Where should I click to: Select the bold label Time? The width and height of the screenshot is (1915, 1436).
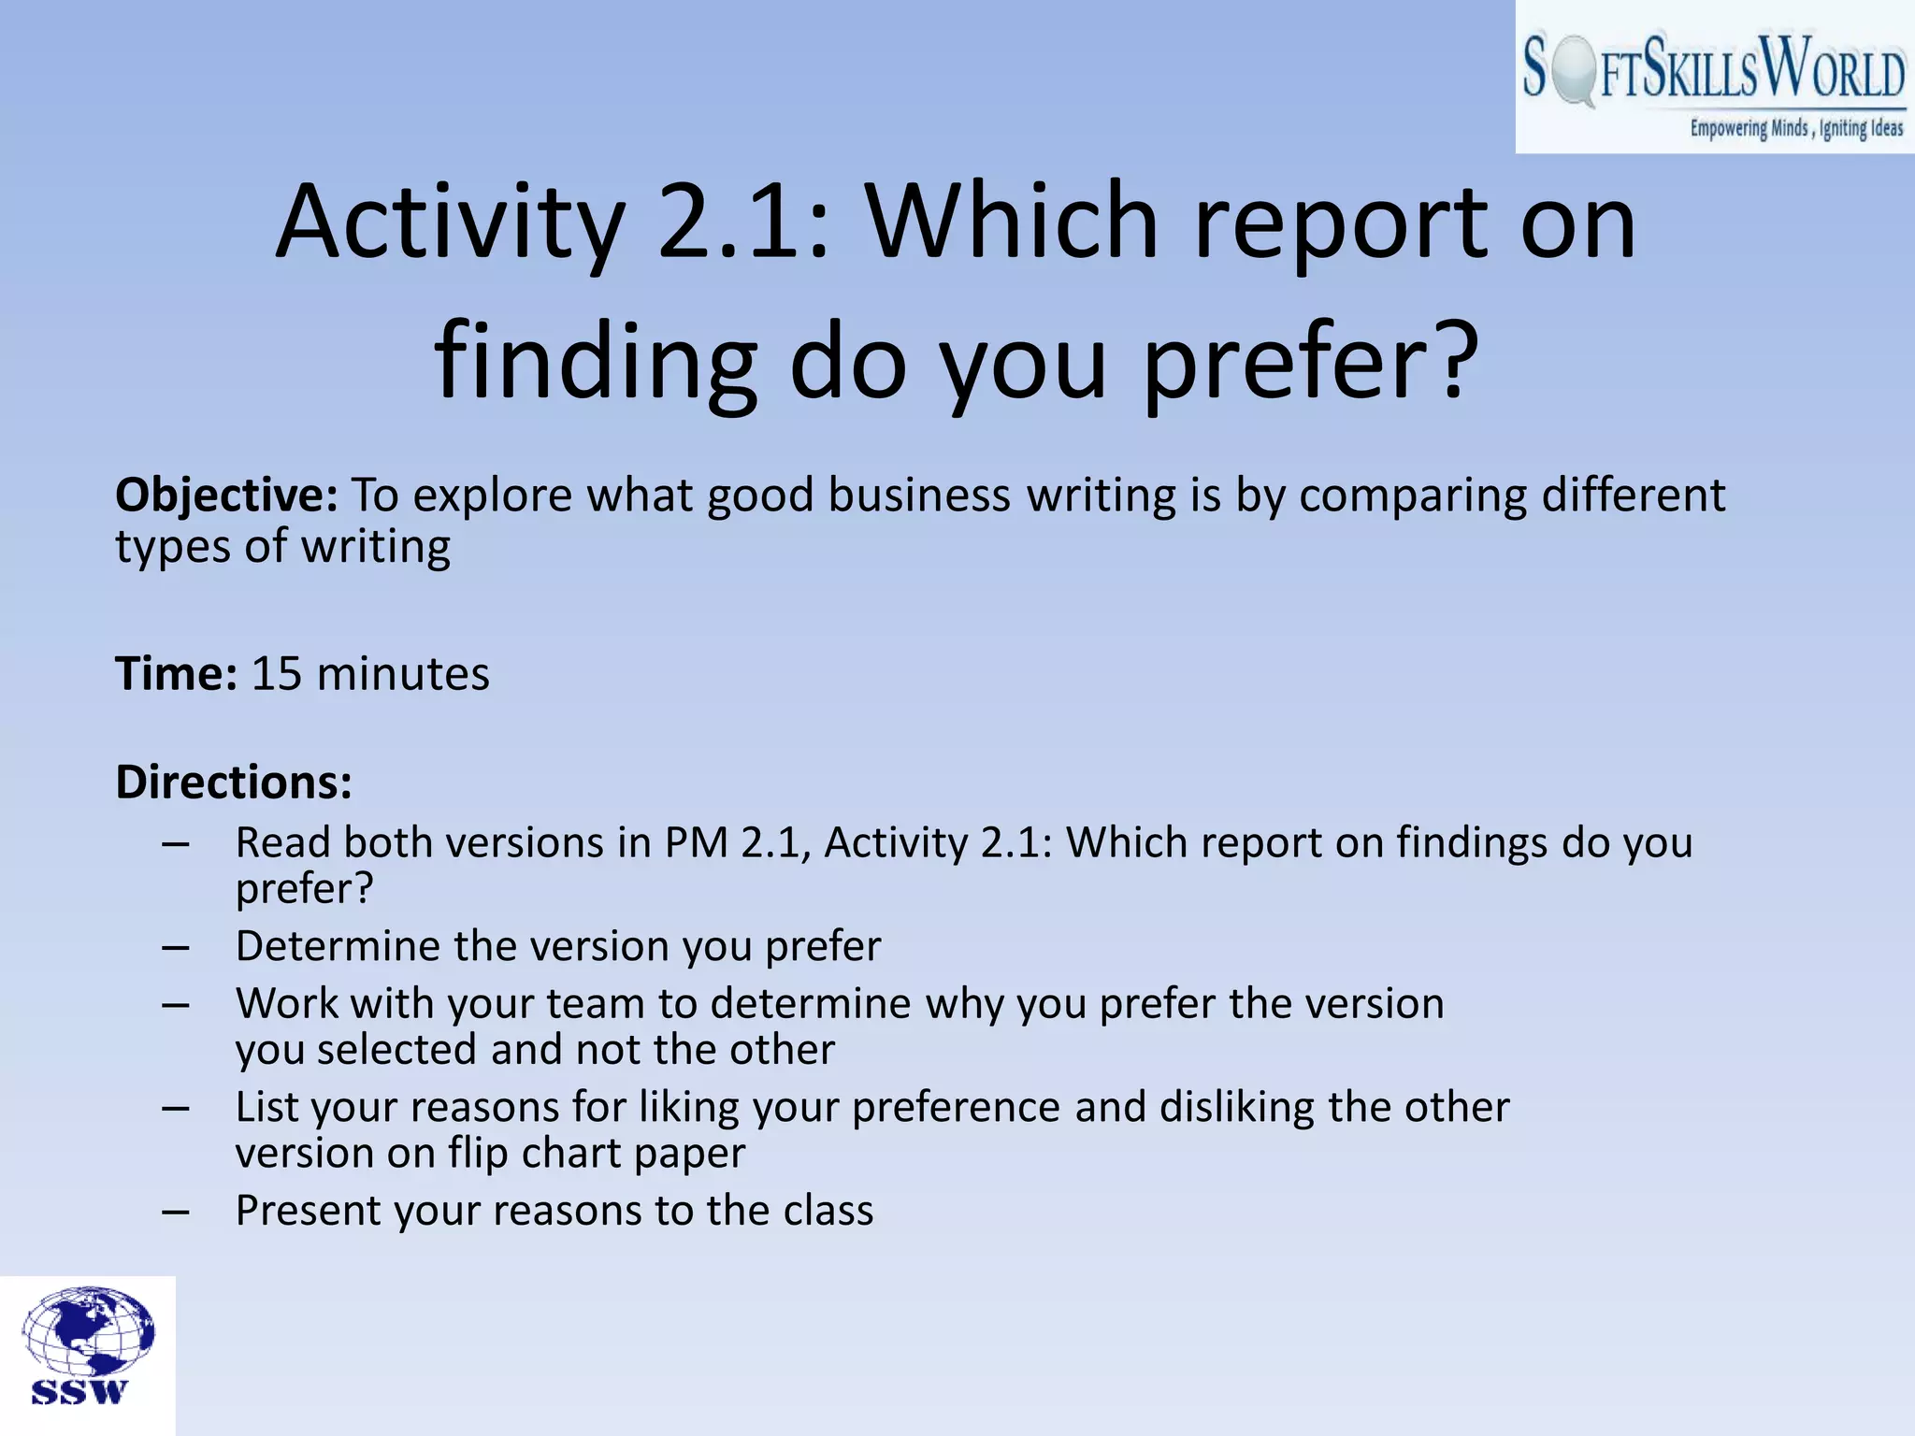[176, 674]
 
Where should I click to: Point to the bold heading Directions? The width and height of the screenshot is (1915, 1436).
[234, 782]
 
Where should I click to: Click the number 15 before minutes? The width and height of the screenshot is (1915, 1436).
[277, 674]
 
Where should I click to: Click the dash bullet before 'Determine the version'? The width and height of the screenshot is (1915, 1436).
[175, 948]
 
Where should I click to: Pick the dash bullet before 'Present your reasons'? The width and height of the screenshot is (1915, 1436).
[175, 1213]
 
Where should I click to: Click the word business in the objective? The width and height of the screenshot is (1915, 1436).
[919, 495]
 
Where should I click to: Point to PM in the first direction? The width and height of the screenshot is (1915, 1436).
[697, 842]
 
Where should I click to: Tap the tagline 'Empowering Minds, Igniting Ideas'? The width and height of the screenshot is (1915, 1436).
[1795, 128]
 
